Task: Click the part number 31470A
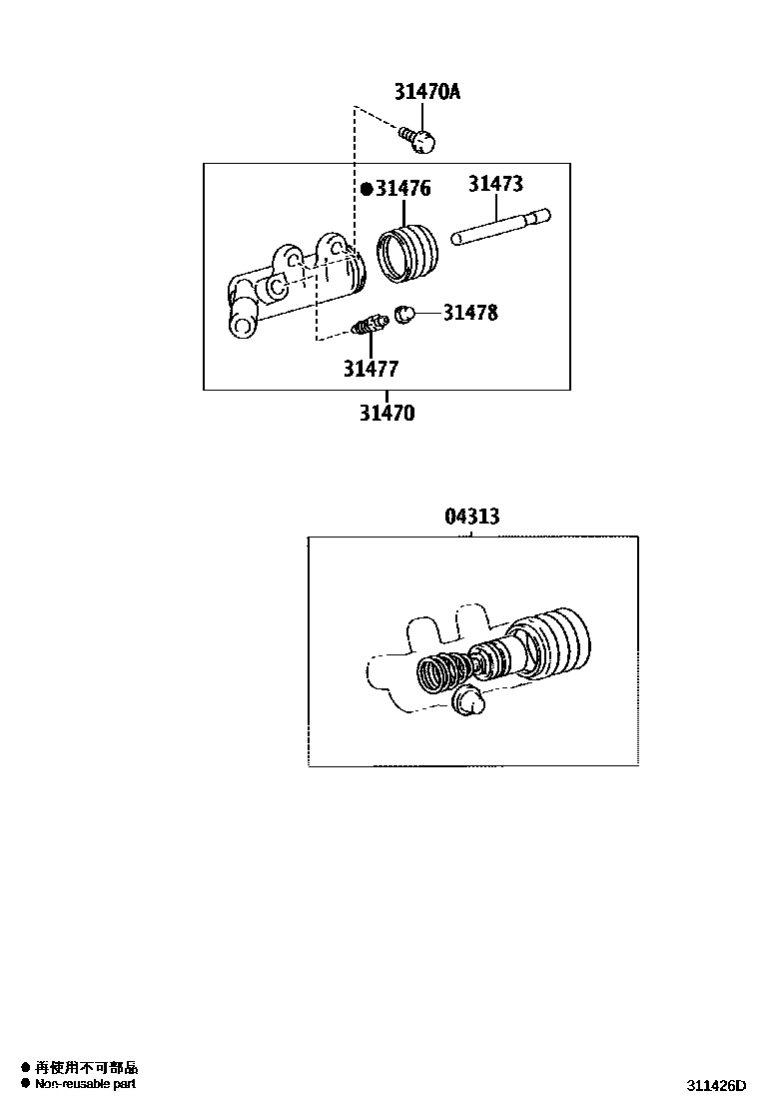click(426, 92)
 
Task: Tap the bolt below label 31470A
click(420, 139)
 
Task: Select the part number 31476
click(402, 188)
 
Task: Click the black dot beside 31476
click(367, 188)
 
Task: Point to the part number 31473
click(495, 184)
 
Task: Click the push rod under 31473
click(500, 226)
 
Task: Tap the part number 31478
click(470, 313)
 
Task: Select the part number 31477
click(371, 369)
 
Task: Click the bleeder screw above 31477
click(371, 325)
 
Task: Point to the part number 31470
click(386, 411)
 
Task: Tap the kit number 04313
click(471, 517)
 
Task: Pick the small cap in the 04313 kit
click(468, 701)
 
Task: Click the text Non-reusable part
click(85, 1084)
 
